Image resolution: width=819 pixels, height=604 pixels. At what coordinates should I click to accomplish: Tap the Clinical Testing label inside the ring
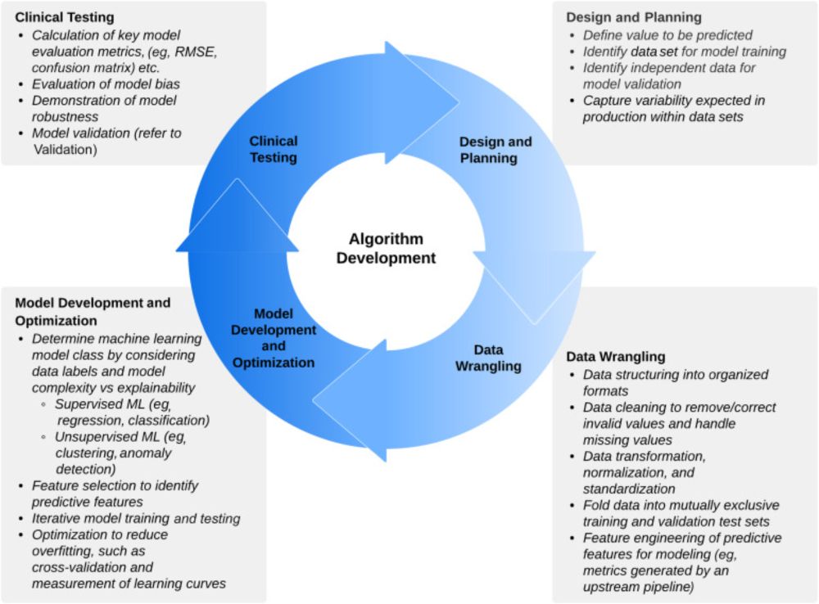[274, 149]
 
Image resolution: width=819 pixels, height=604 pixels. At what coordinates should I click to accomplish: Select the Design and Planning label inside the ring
[495, 150]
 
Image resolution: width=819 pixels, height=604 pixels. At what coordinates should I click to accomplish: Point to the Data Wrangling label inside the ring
[488, 358]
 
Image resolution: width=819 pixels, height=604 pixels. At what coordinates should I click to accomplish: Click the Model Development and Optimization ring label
[274, 337]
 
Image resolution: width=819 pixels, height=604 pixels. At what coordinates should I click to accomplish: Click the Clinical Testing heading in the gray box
[65, 17]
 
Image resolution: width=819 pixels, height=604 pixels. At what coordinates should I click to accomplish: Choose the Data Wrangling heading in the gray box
[616, 357]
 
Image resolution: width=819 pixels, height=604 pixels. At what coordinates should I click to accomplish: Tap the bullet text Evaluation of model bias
[106, 83]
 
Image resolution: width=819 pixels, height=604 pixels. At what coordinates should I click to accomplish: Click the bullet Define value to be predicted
[667, 35]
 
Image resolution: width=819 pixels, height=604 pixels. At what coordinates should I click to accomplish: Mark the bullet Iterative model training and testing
[135, 518]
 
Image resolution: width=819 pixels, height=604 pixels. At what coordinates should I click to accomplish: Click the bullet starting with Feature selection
[115, 493]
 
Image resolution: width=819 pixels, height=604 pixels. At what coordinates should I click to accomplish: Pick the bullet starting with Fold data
[681, 512]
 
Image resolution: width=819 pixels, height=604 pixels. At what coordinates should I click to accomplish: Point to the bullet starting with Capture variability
[673, 108]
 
